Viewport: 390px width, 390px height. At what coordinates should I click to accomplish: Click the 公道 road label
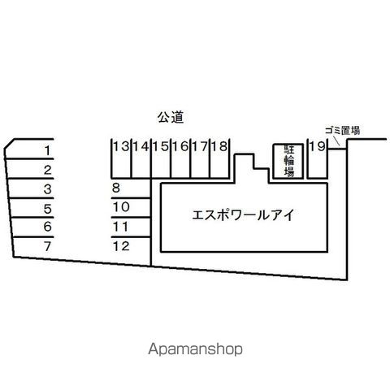(x=171, y=117)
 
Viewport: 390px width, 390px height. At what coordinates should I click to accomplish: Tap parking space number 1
(x=48, y=150)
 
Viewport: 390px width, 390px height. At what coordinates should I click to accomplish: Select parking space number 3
(x=48, y=189)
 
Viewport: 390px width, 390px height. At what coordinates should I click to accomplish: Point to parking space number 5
(x=48, y=209)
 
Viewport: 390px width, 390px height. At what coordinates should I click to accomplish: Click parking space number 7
(x=48, y=246)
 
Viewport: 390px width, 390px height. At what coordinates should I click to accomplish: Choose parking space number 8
(x=116, y=188)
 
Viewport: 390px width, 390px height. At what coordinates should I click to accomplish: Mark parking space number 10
(x=121, y=207)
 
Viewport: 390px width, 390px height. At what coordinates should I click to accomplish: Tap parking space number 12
(x=121, y=246)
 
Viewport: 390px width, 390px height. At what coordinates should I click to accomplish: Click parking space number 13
(x=121, y=146)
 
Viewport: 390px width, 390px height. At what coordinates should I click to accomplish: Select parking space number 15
(x=161, y=146)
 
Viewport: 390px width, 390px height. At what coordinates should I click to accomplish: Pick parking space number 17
(x=201, y=146)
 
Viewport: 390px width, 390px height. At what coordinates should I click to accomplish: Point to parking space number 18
(x=219, y=146)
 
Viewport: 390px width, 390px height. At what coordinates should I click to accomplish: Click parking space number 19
(x=317, y=146)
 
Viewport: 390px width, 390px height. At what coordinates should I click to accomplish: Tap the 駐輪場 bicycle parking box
(x=288, y=161)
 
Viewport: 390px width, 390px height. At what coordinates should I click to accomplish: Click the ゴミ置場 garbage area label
(x=342, y=130)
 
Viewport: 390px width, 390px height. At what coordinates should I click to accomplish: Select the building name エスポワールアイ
(x=243, y=215)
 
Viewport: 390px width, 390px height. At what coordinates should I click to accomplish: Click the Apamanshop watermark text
(x=195, y=349)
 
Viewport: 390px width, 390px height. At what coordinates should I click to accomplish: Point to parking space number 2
(x=48, y=170)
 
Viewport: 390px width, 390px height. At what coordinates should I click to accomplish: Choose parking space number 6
(x=48, y=227)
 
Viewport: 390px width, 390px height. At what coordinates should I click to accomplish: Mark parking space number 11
(x=121, y=227)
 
